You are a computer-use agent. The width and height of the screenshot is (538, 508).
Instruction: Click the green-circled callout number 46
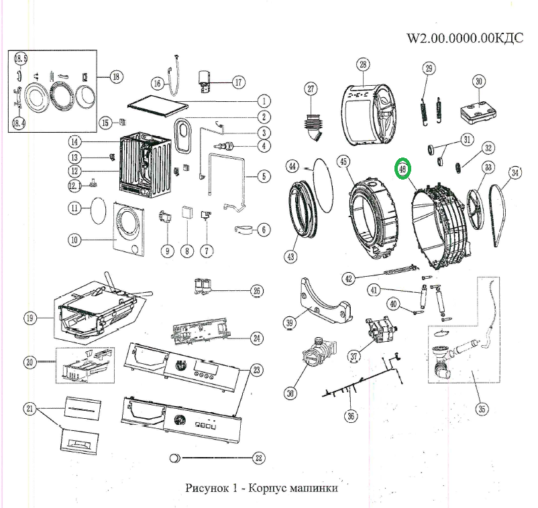pos(403,170)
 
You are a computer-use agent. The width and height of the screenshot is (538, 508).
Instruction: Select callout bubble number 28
pos(363,65)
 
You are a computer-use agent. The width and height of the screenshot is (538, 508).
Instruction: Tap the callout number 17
pos(237,82)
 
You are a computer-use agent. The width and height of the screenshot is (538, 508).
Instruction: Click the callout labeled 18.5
pos(19,58)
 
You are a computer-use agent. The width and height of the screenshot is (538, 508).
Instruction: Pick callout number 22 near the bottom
pos(258,458)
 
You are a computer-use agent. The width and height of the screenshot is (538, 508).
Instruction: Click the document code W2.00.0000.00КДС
pos(465,38)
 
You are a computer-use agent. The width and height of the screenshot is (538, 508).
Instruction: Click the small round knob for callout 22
pos(175,458)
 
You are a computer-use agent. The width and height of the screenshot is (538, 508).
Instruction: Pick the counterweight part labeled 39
pos(325,302)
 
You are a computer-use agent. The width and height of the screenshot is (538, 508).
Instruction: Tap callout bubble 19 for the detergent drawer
pos(30,319)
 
